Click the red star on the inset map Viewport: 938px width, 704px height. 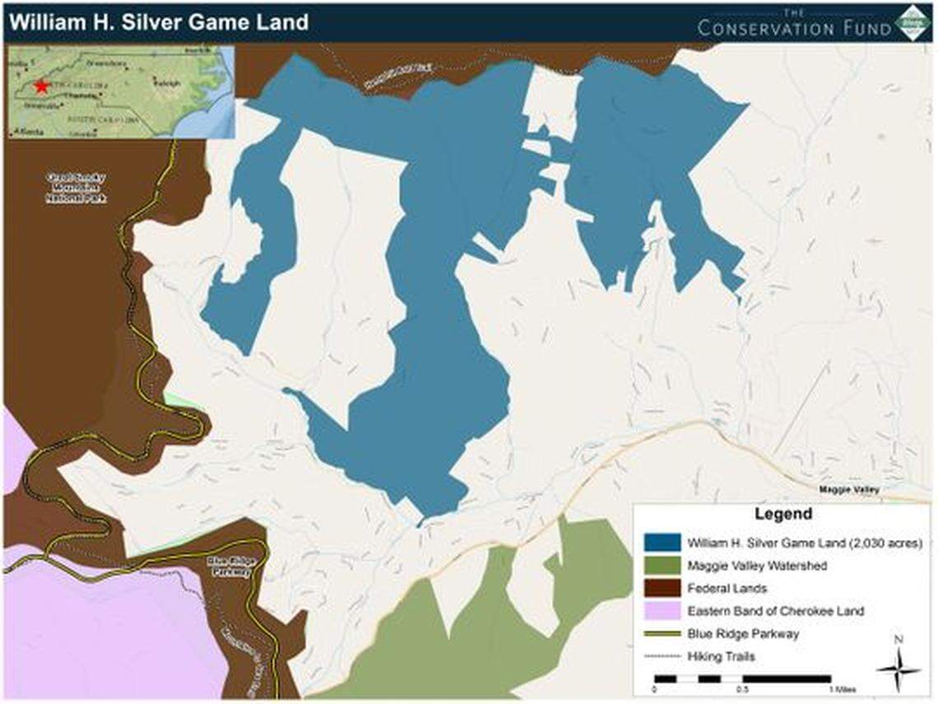(41, 86)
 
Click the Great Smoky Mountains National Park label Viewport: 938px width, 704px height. (77, 188)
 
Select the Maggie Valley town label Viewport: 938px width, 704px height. (849, 490)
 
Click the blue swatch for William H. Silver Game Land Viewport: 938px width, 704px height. (662, 543)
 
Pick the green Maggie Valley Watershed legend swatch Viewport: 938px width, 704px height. (662, 566)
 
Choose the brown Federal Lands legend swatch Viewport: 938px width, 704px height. (662, 588)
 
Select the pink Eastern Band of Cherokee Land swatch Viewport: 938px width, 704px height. (662, 611)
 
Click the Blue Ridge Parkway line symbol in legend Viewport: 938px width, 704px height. (662, 634)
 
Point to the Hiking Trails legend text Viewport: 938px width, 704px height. (722, 656)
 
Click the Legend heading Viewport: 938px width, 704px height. (782, 515)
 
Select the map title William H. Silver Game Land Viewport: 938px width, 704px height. (157, 21)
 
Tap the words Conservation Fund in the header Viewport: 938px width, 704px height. (794, 27)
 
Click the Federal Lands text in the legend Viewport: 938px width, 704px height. (727, 588)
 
